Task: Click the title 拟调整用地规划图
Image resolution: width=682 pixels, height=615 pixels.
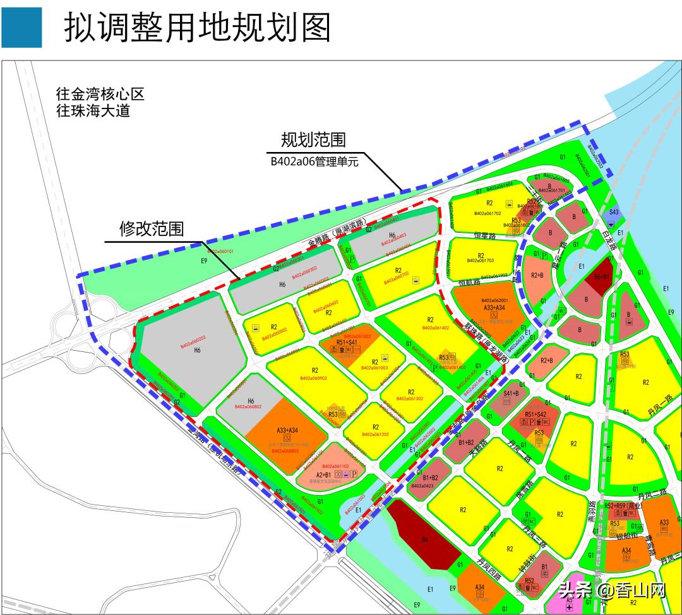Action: coord(197,28)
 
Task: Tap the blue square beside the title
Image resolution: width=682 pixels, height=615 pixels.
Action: coord(21,28)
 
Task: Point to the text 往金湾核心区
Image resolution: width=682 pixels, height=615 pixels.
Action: coord(100,95)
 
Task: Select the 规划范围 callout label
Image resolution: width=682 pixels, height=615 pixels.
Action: coord(313,139)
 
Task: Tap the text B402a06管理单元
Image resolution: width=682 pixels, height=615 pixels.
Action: coord(314,161)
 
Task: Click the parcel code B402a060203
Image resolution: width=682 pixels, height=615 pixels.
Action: coord(193,341)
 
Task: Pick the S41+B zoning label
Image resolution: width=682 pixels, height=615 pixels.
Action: coord(511,394)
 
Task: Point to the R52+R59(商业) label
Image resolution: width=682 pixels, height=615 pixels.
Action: coord(622,506)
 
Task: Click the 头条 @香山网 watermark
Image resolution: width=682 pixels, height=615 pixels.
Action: coord(613,590)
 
